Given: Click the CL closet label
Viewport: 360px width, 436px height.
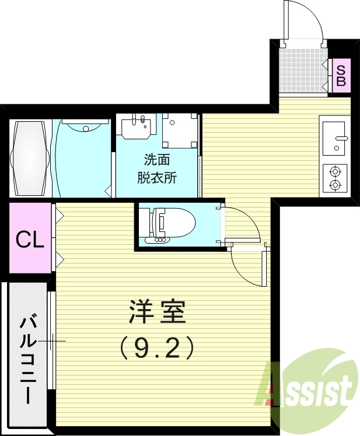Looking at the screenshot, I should pyautogui.click(x=30, y=240).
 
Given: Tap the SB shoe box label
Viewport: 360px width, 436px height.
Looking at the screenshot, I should pyautogui.click(x=341, y=75).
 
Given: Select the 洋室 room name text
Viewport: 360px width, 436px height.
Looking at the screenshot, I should pyautogui.click(x=156, y=313).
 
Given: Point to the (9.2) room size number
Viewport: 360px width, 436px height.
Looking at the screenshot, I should pyautogui.click(x=156, y=349).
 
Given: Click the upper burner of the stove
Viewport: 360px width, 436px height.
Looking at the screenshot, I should pyautogui.click(x=335, y=172).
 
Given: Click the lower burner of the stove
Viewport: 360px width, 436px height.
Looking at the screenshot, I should pyautogui.click(x=335, y=185).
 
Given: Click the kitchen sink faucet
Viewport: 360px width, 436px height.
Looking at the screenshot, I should pyautogui.click(x=341, y=138).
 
